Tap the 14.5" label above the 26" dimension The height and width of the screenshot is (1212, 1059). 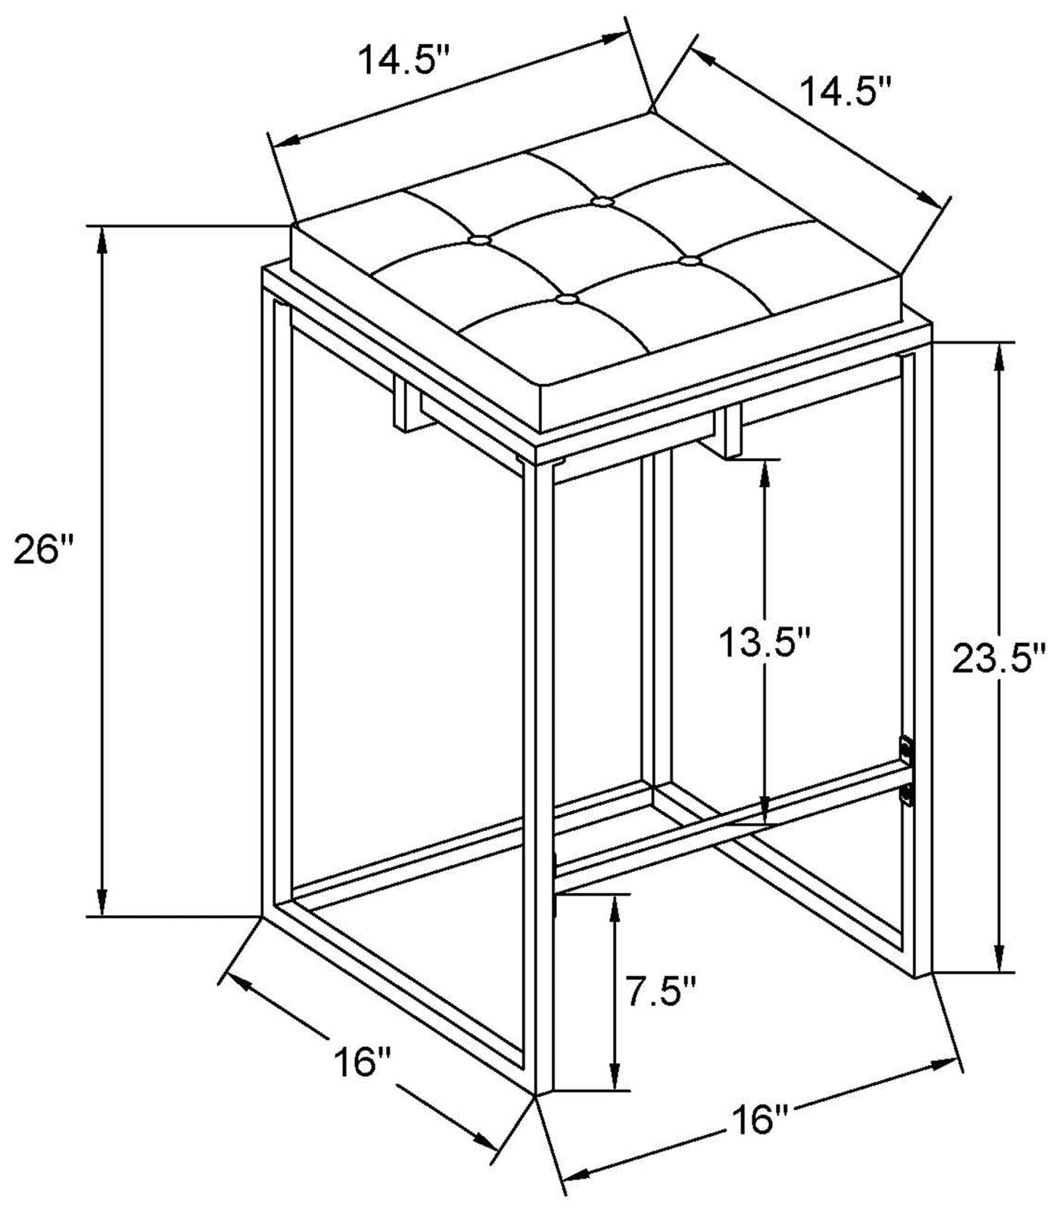[x=405, y=61]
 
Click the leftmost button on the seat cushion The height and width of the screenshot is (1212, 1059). [x=478, y=240]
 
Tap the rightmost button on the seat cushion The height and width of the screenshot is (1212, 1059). [x=689, y=261]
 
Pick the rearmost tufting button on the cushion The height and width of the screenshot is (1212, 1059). [x=602, y=201]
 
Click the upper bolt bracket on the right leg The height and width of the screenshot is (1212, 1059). [x=905, y=748]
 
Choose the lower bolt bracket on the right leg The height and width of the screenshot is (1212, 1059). [x=906, y=795]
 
